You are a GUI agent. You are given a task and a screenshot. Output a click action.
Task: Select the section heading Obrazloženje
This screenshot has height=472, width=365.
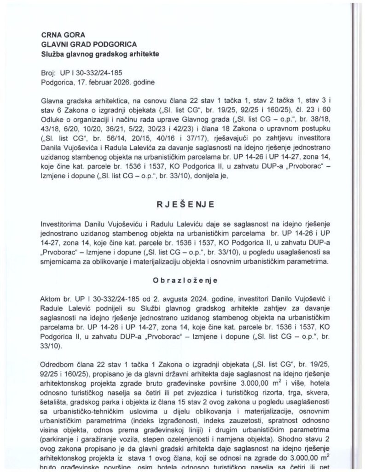coord(182,280)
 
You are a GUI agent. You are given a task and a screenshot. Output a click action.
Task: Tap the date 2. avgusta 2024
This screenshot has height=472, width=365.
coord(149,296)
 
